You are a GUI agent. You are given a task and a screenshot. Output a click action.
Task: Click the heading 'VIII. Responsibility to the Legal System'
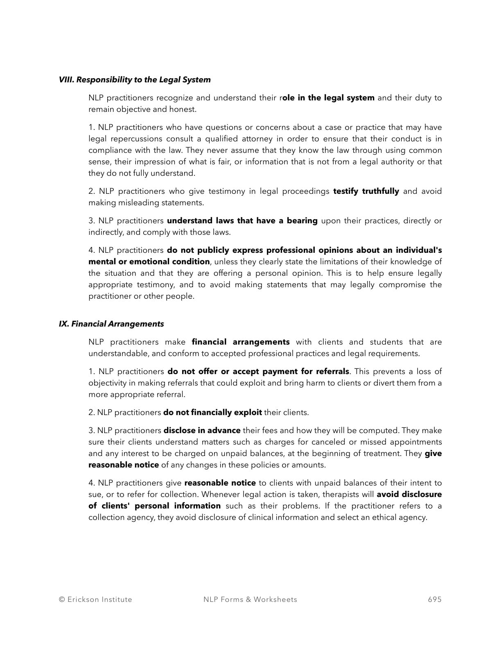coord(135,80)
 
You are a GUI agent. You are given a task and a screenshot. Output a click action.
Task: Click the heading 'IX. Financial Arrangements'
coord(111,324)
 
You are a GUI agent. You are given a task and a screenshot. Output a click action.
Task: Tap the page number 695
coord(435,599)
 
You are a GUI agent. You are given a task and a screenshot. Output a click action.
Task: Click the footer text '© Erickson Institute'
coord(95,599)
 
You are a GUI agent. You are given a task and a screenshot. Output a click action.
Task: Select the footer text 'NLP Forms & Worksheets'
coord(250,599)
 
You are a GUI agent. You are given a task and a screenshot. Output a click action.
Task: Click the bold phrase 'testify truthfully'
coord(366,191)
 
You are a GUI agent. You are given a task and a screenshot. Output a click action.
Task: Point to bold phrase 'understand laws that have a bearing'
coord(242,221)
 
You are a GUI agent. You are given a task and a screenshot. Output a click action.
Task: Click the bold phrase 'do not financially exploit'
coord(212,413)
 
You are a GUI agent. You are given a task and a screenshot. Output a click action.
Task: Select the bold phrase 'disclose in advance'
coord(202,431)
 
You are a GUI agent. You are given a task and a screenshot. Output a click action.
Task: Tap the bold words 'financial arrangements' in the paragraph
coord(240,342)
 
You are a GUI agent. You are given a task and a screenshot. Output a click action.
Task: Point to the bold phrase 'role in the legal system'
coord(327,98)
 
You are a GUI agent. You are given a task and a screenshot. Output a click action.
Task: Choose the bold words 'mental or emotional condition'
coord(149,262)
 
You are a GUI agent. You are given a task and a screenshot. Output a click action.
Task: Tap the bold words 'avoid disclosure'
coord(409,495)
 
